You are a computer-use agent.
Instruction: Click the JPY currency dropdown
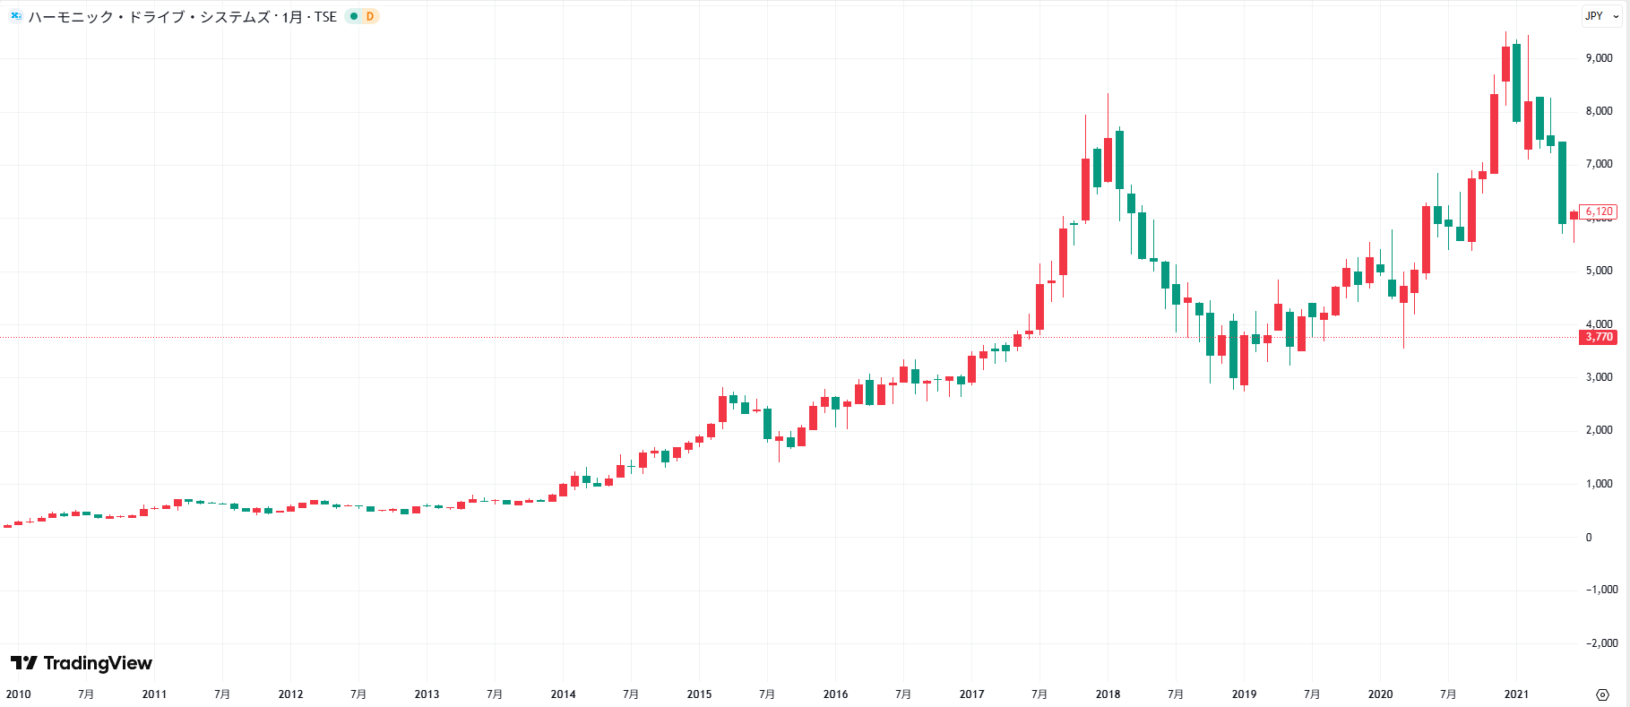click(x=1601, y=16)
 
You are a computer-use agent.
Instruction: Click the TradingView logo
click(x=82, y=663)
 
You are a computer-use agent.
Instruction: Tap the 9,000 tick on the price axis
click(x=1599, y=58)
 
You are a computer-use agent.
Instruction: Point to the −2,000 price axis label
click(x=1601, y=643)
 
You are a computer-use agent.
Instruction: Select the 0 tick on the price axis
click(x=1589, y=538)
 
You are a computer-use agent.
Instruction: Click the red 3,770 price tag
click(x=1599, y=338)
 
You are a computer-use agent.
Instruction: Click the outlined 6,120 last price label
click(x=1599, y=212)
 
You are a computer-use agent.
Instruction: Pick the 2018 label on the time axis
click(x=1108, y=694)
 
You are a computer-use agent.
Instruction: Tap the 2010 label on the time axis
click(x=18, y=694)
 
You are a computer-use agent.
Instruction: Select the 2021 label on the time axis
click(x=1516, y=694)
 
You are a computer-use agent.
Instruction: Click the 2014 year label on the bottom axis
click(x=563, y=694)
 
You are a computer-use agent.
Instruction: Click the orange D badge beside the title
click(x=370, y=16)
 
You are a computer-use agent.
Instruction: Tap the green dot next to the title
click(x=354, y=16)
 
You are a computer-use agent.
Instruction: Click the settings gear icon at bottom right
click(x=1603, y=694)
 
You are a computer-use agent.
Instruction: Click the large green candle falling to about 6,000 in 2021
click(x=1562, y=183)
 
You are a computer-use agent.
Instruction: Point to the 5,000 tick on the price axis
click(x=1599, y=271)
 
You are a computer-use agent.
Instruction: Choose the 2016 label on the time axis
click(x=835, y=694)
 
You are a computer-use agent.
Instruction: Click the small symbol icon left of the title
click(x=15, y=16)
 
